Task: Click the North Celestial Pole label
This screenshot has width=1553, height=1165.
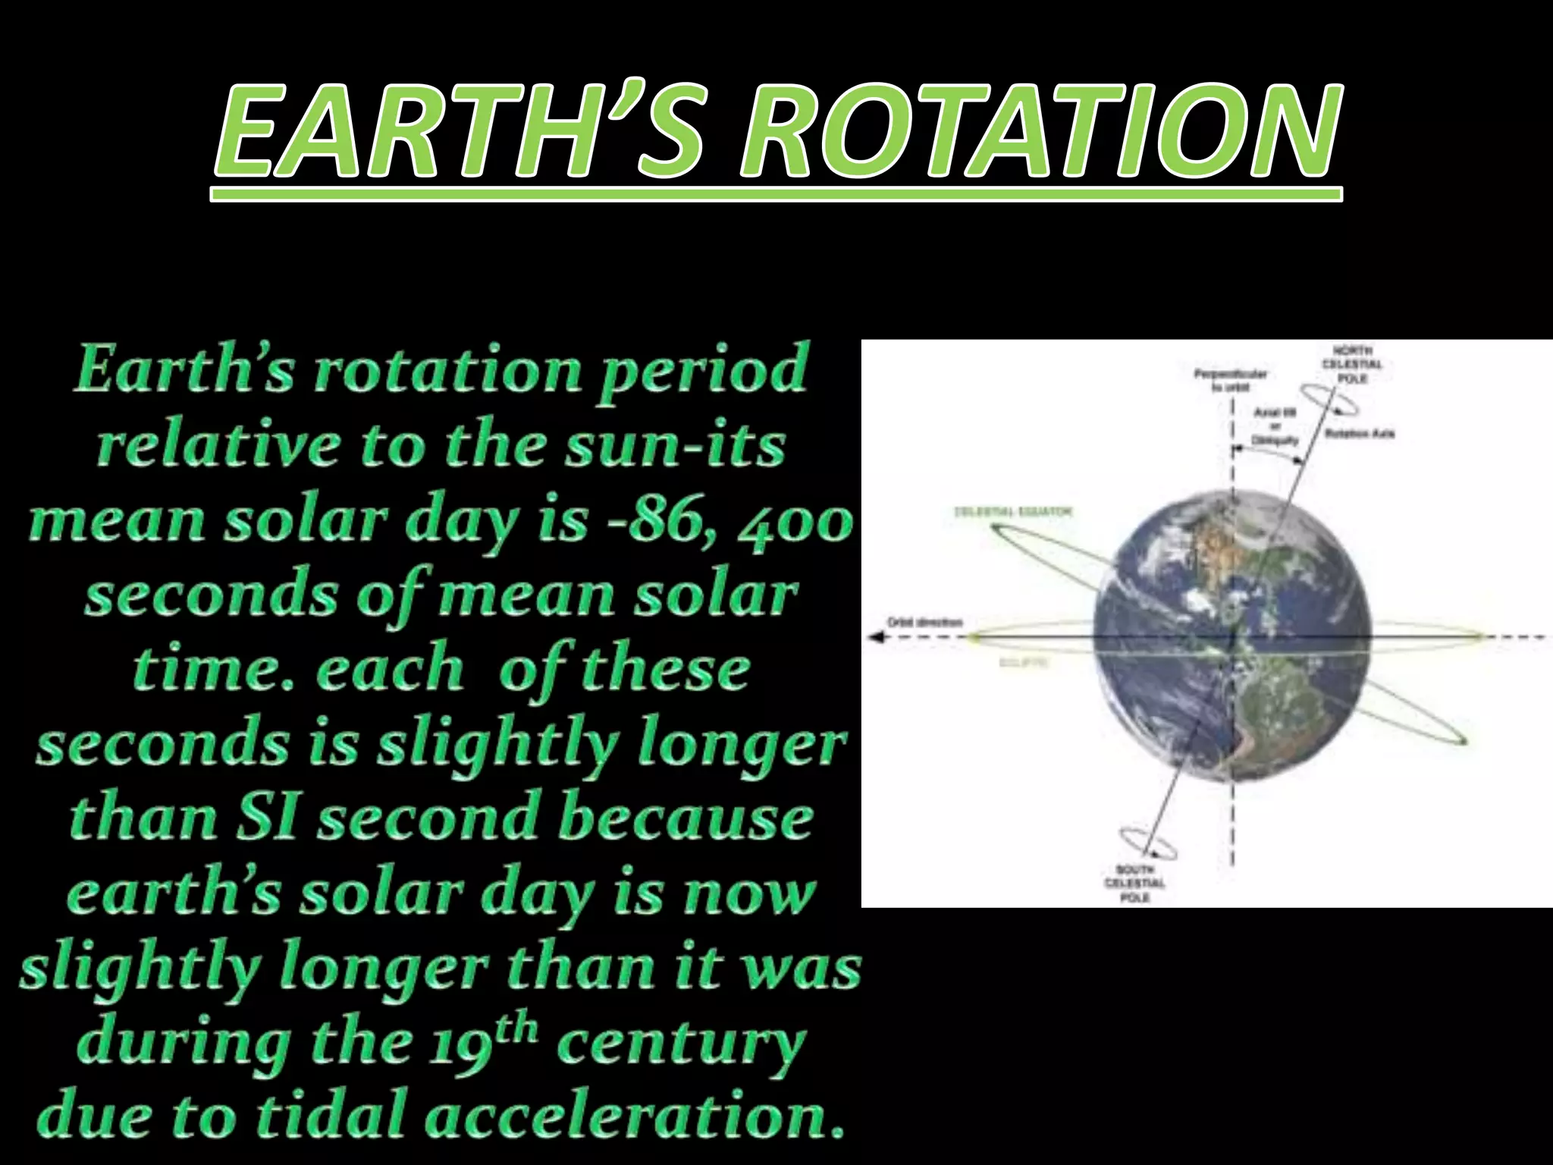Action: point(1357,364)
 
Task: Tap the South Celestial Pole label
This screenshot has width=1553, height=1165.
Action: point(1134,883)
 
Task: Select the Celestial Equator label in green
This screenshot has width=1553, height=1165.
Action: point(1012,512)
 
